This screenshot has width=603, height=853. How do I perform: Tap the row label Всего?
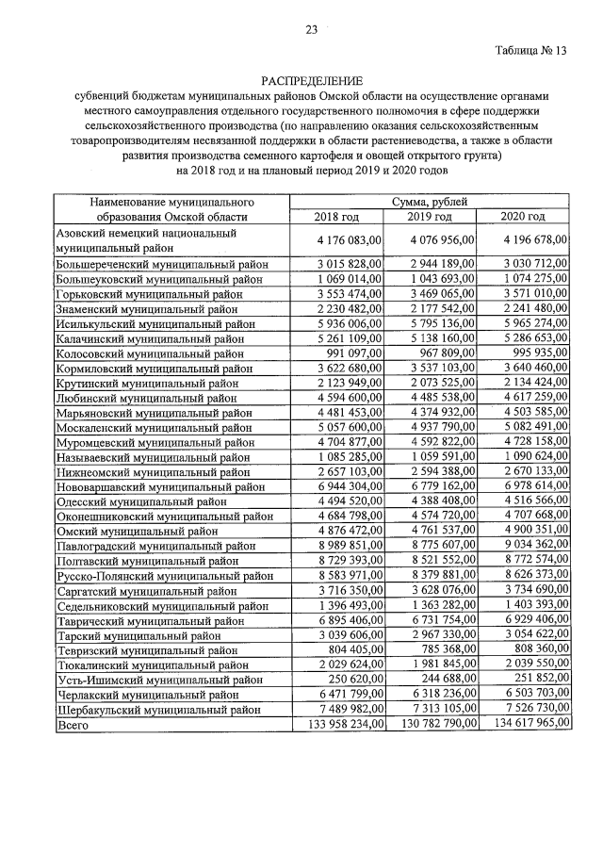[75, 725]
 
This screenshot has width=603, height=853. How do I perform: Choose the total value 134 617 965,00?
[524, 725]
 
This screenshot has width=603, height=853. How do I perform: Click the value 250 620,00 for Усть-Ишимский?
[351, 679]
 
